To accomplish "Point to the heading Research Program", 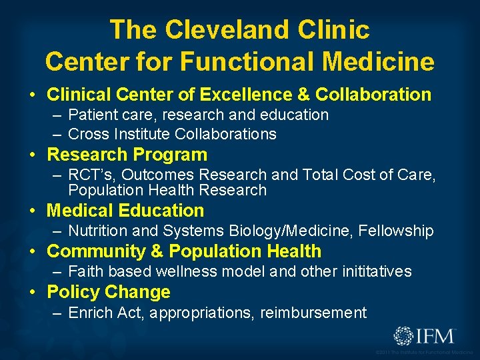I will [x=127, y=155].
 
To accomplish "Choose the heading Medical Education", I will [x=125, y=211].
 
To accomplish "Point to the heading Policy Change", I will [x=109, y=292].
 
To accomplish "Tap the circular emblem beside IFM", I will [x=405, y=335].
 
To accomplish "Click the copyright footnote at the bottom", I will [x=425, y=352].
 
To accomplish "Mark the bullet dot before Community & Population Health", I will [x=33, y=252].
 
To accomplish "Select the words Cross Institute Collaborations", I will [x=172, y=134].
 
